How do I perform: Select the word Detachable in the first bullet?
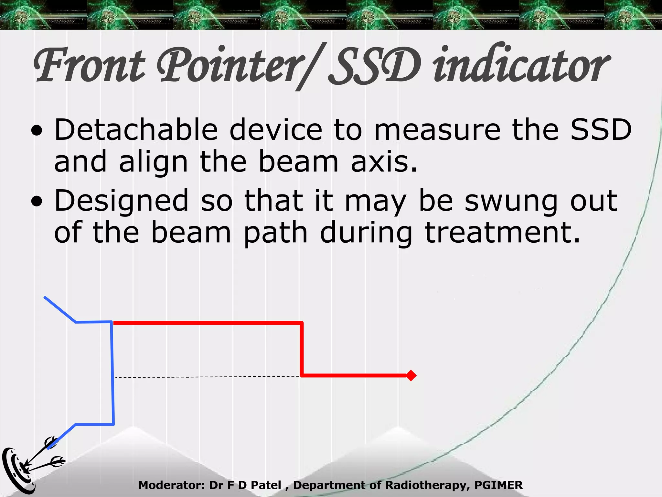136,130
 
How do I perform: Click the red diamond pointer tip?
411,375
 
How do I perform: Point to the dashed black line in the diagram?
207,377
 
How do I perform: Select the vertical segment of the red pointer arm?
302,349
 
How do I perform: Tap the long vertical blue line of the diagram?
112,372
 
